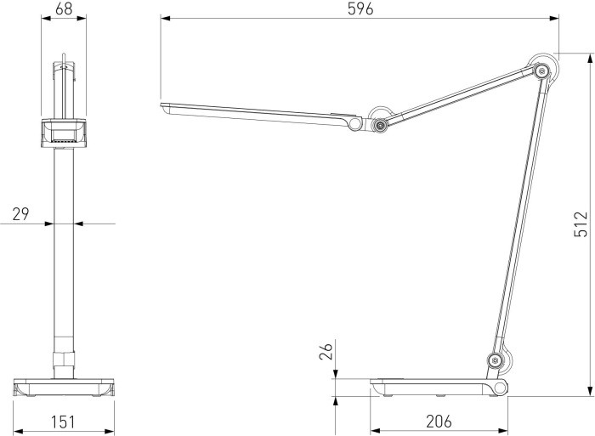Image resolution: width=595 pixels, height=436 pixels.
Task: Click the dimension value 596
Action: [360, 8]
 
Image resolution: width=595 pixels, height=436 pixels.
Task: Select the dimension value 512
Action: [581, 224]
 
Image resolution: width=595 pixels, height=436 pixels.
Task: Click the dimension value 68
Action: [63, 8]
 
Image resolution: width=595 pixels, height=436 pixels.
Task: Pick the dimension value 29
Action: [20, 213]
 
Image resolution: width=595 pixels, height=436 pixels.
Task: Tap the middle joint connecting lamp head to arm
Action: [379, 126]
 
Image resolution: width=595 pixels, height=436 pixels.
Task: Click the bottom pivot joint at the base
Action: [494, 361]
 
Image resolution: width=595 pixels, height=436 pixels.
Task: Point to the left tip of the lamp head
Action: [163, 106]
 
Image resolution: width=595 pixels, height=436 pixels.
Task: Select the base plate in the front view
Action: [64, 387]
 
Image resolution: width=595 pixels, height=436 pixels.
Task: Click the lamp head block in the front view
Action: [64, 133]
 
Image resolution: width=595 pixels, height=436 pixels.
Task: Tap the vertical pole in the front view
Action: [64, 255]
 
